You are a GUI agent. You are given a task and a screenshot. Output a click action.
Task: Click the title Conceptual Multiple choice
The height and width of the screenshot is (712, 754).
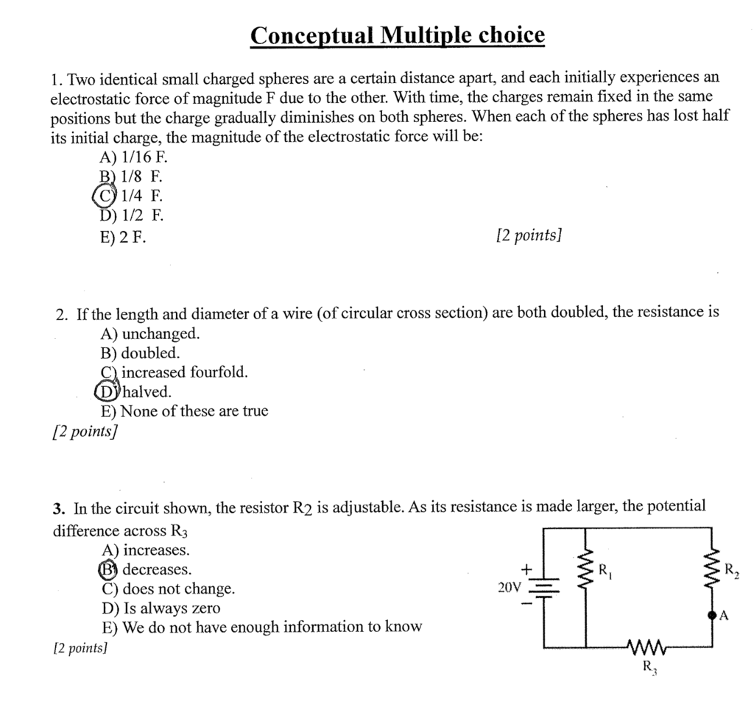397,35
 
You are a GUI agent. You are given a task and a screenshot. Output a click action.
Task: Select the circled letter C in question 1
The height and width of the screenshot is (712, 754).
104,196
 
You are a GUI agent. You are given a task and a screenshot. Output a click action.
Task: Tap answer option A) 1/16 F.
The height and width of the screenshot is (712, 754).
128,157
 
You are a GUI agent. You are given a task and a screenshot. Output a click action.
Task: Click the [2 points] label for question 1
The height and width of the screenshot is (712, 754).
529,235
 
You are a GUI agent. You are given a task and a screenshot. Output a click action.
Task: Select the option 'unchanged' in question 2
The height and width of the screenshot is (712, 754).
149,334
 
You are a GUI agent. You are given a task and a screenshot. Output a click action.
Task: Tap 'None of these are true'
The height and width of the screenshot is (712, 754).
184,411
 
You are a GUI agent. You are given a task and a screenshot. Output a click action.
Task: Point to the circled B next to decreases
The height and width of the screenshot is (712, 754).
108,569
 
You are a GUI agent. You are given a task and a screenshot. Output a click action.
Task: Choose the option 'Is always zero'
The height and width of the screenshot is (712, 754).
161,608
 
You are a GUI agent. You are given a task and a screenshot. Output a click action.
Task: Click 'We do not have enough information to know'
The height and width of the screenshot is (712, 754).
261,627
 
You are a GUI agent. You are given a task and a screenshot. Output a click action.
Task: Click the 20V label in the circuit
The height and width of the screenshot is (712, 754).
509,588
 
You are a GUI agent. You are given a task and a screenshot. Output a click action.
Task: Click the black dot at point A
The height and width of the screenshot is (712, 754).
711,616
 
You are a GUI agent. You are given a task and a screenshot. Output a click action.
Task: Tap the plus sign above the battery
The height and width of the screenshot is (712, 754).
526,570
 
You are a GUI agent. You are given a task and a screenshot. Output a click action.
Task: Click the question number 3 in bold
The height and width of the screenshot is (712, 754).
57,508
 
